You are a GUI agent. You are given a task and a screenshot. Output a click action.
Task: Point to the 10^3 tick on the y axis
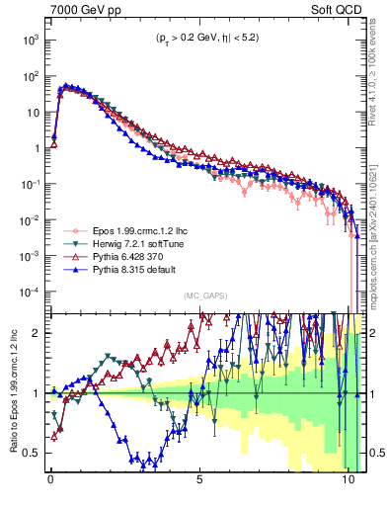[x=30, y=40]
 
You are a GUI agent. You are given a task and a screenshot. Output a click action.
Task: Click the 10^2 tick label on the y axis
[x=30, y=76]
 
